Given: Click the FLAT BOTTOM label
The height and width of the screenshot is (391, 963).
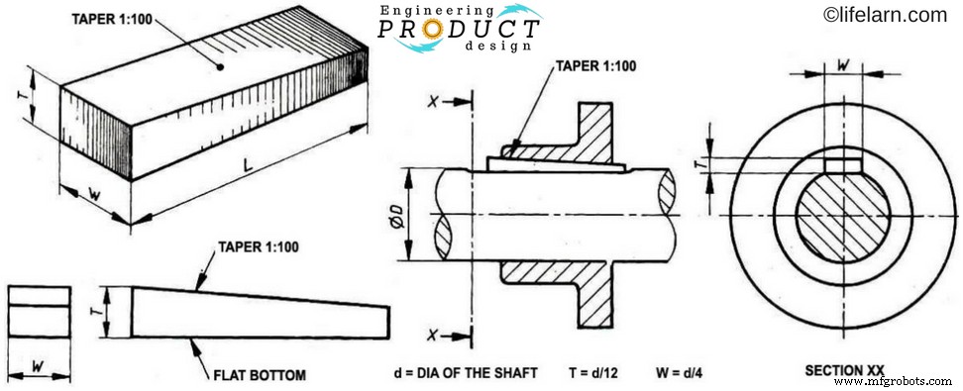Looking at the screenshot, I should pos(261,375).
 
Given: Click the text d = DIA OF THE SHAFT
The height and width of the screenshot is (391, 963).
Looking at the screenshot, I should pos(465,373).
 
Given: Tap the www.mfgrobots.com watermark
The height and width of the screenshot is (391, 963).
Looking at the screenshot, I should pos(897,381).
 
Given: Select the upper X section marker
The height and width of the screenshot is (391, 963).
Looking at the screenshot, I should pos(433,102).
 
